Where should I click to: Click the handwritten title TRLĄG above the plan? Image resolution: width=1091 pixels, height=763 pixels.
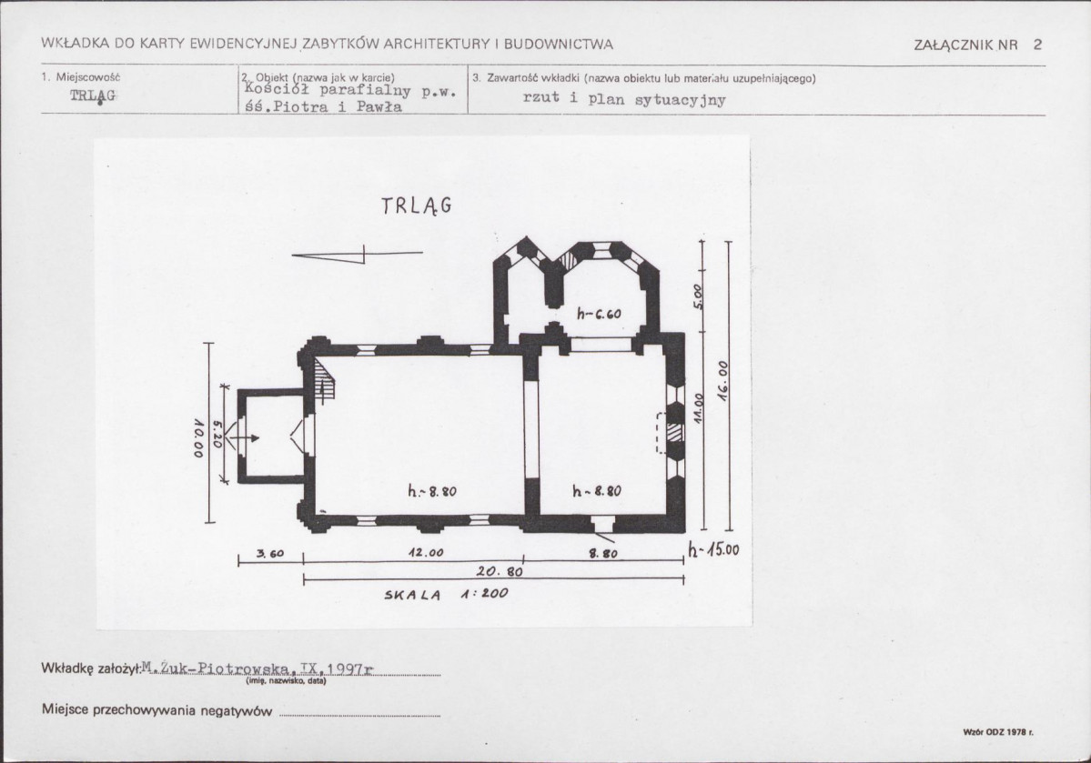417,206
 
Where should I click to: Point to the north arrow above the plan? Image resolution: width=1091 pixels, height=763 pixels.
357,255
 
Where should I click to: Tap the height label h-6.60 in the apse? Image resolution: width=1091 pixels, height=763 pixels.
599,314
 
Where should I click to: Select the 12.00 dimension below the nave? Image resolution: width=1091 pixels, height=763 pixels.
425,553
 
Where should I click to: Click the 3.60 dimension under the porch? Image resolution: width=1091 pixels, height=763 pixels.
270,554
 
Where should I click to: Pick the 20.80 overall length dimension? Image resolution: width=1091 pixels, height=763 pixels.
500,572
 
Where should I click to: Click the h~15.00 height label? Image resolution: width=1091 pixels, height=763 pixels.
713,549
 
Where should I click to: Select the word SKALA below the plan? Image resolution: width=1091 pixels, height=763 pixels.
412,595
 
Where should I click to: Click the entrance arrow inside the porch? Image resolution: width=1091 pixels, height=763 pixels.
245,438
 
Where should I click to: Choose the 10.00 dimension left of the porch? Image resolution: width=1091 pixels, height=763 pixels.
198,437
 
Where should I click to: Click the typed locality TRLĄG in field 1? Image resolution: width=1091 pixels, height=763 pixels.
93,95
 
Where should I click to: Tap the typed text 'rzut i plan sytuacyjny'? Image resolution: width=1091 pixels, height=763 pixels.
624,99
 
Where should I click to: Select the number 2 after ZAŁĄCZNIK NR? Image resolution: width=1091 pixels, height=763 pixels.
1037,45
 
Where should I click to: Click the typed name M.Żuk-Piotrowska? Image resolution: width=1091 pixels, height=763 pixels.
216,668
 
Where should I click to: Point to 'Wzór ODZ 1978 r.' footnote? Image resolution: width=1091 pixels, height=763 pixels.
998,732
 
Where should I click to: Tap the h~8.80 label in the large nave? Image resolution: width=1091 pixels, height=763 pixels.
432,491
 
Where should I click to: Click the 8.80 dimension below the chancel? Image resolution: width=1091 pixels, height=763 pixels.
602,555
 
